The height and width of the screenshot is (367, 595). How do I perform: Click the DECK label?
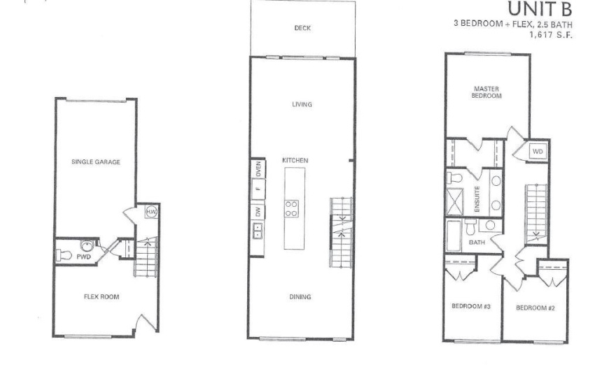point(302,28)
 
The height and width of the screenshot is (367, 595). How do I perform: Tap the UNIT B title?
point(540,8)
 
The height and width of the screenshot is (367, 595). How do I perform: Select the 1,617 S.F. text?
point(551,34)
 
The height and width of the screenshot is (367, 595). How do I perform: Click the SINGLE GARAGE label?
point(96,162)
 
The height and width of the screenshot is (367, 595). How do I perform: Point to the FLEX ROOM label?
point(101,297)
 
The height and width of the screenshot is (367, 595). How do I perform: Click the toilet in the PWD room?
point(64,254)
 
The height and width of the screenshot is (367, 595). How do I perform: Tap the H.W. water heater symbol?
point(151,212)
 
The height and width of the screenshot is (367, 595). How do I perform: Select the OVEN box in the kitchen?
point(258,168)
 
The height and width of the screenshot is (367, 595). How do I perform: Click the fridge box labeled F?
point(258,189)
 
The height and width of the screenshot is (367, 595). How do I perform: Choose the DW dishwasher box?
point(258,212)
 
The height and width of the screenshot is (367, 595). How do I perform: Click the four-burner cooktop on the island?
point(291,209)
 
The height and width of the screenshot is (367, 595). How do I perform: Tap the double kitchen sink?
point(258,231)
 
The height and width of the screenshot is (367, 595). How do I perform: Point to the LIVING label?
point(302,104)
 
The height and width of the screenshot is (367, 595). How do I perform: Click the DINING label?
point(300,297)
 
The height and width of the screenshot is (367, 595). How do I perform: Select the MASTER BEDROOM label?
point(486,92)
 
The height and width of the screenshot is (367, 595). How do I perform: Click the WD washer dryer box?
point(538,151)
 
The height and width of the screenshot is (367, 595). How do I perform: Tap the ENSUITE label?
point(477,199)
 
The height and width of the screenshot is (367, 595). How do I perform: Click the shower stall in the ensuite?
point(454,201)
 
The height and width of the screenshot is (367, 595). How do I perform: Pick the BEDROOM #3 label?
point(471,306)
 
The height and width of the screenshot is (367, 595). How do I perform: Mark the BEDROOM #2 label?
point(535,308)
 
